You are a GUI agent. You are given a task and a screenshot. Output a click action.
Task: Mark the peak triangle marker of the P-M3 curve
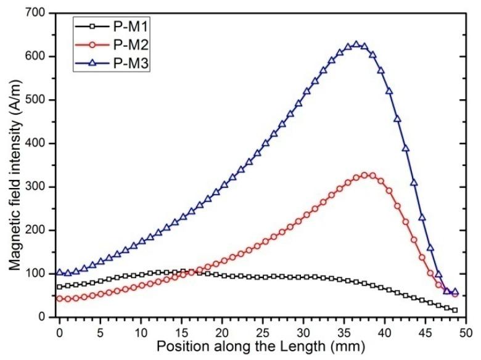(356, 44)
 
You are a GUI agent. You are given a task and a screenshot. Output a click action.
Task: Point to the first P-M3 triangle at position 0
(60, 272)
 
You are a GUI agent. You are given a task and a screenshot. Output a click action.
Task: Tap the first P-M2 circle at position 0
(60, 298)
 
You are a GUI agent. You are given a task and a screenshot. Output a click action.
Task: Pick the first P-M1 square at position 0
(60, 287)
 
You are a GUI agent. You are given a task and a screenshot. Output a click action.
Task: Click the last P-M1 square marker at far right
(455, 309)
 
